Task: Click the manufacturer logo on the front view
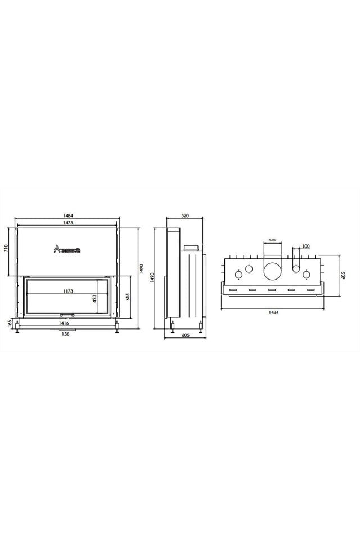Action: (x=67, y=249)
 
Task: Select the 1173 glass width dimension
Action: (x=67, y=291)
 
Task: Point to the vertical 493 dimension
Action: (x=95, y=298)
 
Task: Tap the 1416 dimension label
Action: (x=64, y=323)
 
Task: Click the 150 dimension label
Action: (x=66, y=335)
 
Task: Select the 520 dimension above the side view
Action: (x=185, y=215)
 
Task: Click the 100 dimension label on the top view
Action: (x=305, y=246)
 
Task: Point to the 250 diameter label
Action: (x=272, y=240)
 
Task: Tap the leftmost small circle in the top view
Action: (x=238, y=274)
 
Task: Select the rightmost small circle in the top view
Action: (x=307, y=274)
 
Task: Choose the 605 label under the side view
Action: (x=186, y=335)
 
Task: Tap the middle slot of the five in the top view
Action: (x=272, y=290)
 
